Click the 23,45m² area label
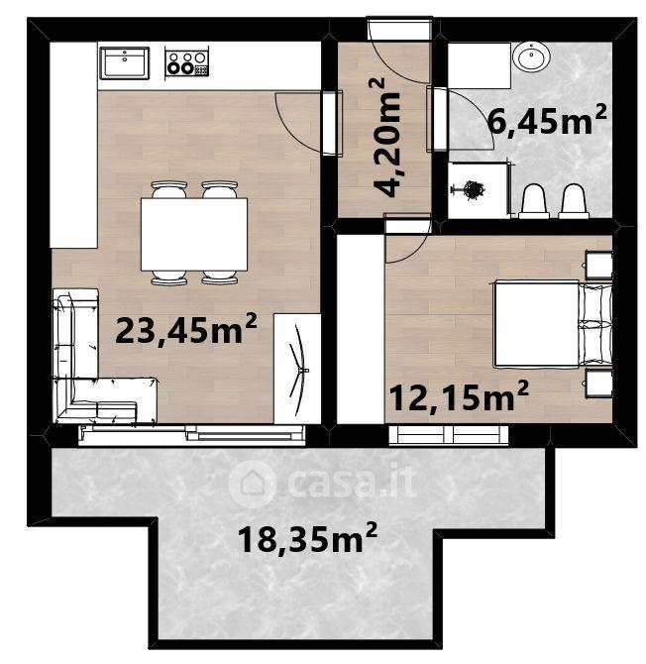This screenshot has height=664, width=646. pos(186,330)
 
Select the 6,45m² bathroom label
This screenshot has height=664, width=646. pos(547,121)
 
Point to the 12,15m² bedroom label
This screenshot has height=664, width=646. pos(459,396)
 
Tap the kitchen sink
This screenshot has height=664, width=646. pos(125,62)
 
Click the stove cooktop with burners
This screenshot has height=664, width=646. pos(186,61)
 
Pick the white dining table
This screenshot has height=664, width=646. pos(194,234)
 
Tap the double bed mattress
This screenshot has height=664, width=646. pos(536,323)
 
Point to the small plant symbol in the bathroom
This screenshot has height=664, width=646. pos(470,190)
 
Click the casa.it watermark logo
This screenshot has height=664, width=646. pos(323,484)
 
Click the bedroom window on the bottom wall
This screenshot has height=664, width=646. pos(449,435)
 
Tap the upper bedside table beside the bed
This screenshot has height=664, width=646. pos(598,266)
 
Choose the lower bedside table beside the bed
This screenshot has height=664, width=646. pos(598,384)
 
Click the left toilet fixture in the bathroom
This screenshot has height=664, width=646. pos(534,201)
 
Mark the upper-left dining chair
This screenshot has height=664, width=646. pos(168,190)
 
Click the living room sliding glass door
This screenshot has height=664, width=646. pos(192,435)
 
